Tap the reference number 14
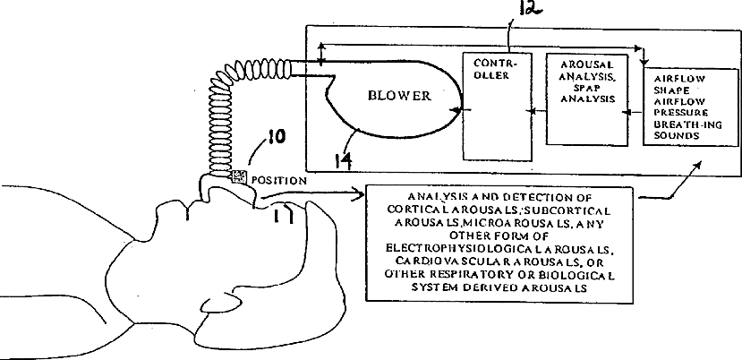342,160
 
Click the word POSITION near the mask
279,179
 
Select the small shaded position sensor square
237,176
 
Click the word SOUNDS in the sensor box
675,137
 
